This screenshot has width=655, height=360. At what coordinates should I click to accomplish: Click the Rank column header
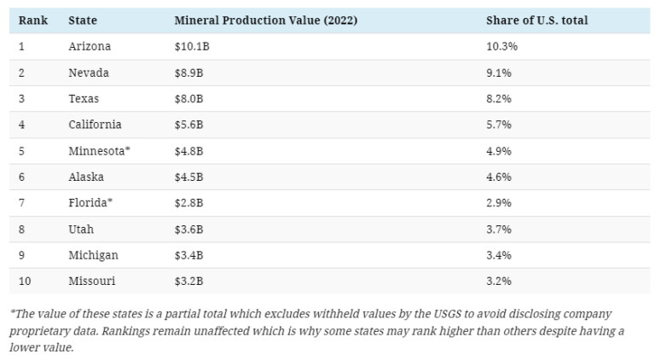coord(33,20)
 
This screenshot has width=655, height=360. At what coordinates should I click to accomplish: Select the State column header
coord(83,20)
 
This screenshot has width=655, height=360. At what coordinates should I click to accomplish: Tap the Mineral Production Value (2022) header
coord(253,20)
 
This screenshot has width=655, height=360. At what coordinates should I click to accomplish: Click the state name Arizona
coord(90,47)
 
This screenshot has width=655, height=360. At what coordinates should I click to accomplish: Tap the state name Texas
coord(84,99)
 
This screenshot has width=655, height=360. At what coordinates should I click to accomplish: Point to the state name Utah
coord(81,229)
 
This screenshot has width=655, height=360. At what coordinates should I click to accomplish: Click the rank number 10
coord(25,281)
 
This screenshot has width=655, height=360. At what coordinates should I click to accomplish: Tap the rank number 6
coord(22,177)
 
